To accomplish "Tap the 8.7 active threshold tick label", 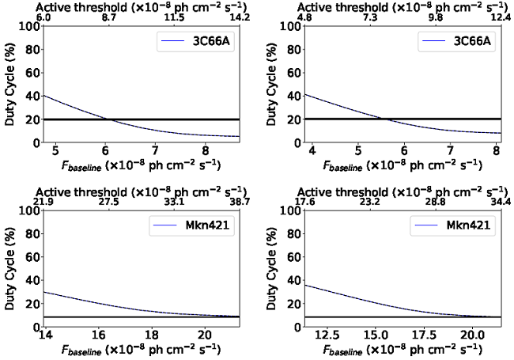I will pyautogui.click(x=107, y=17).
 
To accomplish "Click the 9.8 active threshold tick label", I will pyautogui.click(x=433, y=17).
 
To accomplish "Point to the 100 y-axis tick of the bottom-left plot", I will pyautogui.click(x=26, y=211).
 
